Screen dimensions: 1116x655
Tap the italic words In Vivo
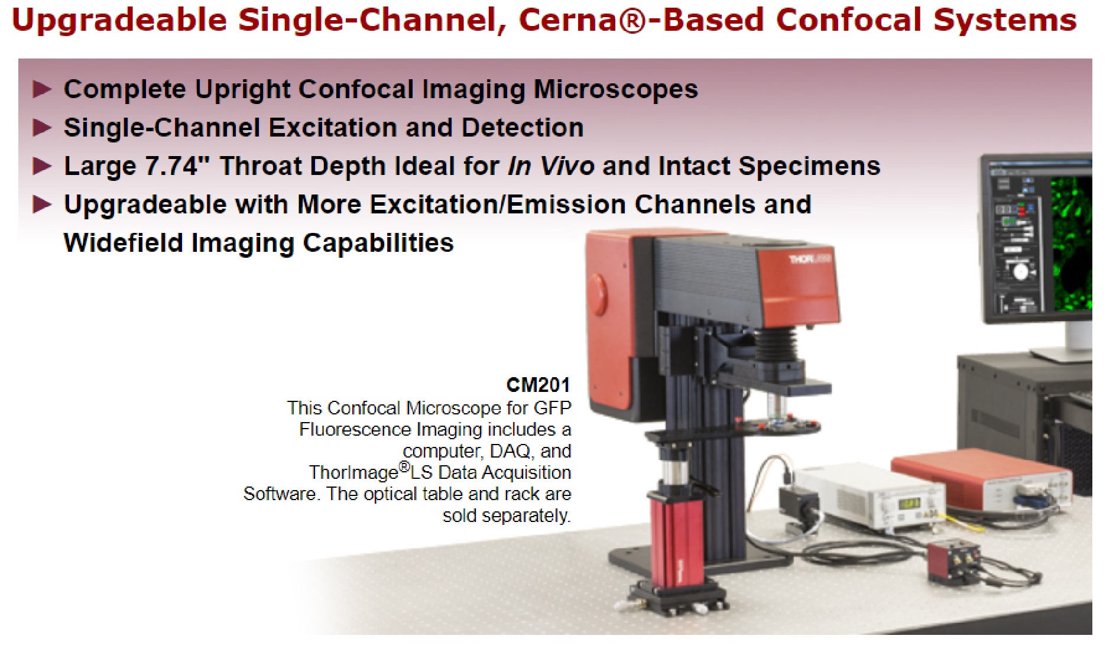coord(551,166)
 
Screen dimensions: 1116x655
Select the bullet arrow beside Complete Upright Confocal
coord(42,89)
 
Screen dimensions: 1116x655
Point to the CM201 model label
coord(538,385)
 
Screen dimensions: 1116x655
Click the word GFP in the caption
coord(553,408)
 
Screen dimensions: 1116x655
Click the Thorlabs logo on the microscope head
coord(810,259)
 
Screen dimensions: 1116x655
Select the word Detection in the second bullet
coord(523,127)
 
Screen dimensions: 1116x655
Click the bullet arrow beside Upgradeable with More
coord(42,205)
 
